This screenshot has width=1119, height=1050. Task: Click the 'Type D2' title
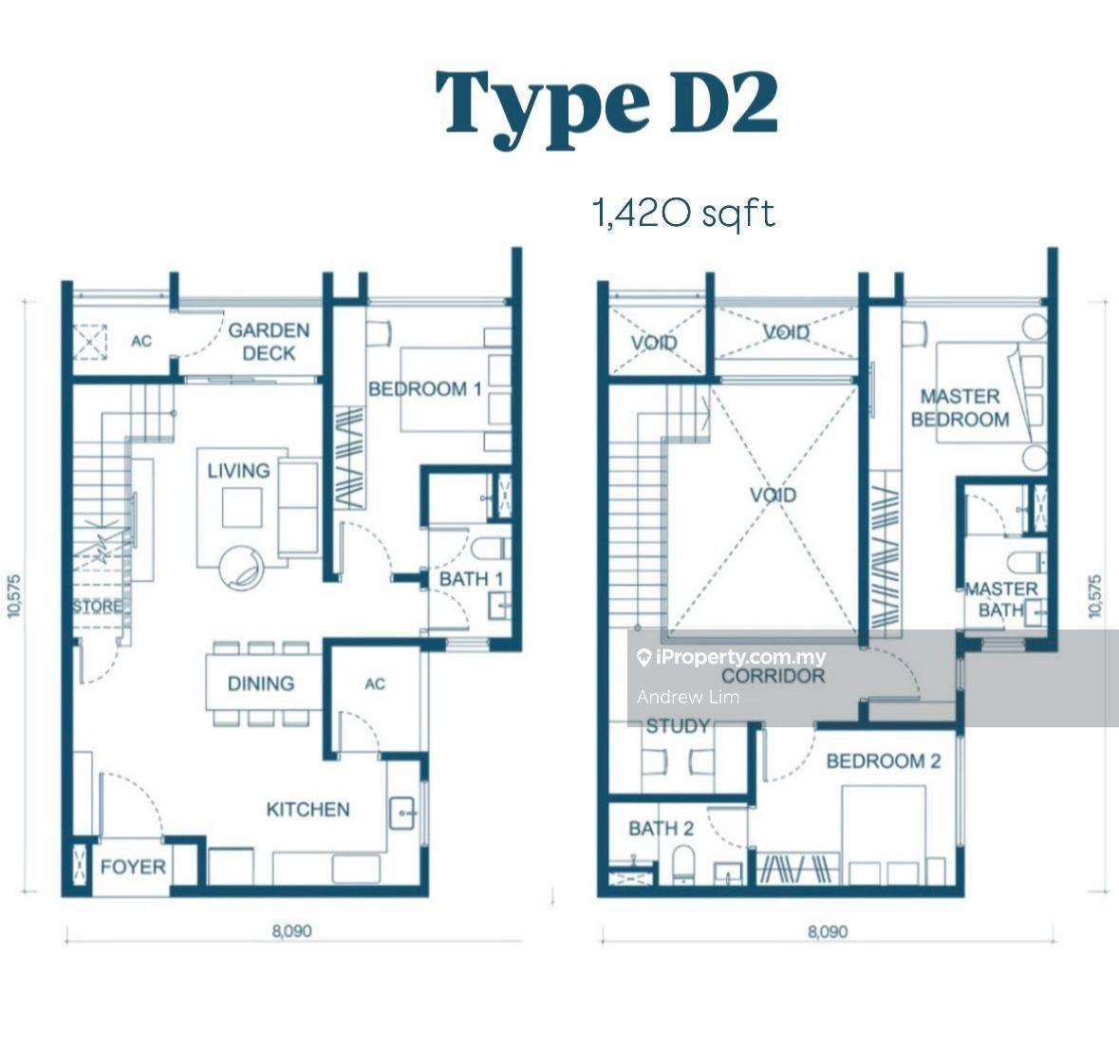[606, 105]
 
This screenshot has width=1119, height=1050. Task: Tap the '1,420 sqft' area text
[683, 214]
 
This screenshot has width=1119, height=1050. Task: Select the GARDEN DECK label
[269, 342]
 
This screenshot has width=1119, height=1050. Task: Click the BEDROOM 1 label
[424, 389]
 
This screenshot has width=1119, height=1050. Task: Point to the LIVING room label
[238, 471]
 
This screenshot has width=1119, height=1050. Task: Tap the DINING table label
[260, 684]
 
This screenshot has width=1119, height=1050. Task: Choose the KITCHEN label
[308, 810]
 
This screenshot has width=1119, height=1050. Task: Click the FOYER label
[133, 868]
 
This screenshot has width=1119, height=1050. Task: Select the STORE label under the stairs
[97, 607]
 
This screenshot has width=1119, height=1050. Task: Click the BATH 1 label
[471, 579]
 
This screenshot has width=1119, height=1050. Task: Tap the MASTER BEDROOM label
[960, 407]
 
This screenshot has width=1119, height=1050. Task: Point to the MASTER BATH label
[1000, 600]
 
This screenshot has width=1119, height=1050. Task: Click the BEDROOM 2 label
[884, 761]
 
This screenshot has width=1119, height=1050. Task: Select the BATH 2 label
[661, 829]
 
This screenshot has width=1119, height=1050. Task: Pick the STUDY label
[678, 726]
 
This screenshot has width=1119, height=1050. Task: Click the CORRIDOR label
[773, 676]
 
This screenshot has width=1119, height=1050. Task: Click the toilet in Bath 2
[683, 864]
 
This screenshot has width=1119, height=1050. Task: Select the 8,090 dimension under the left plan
[292, 930]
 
